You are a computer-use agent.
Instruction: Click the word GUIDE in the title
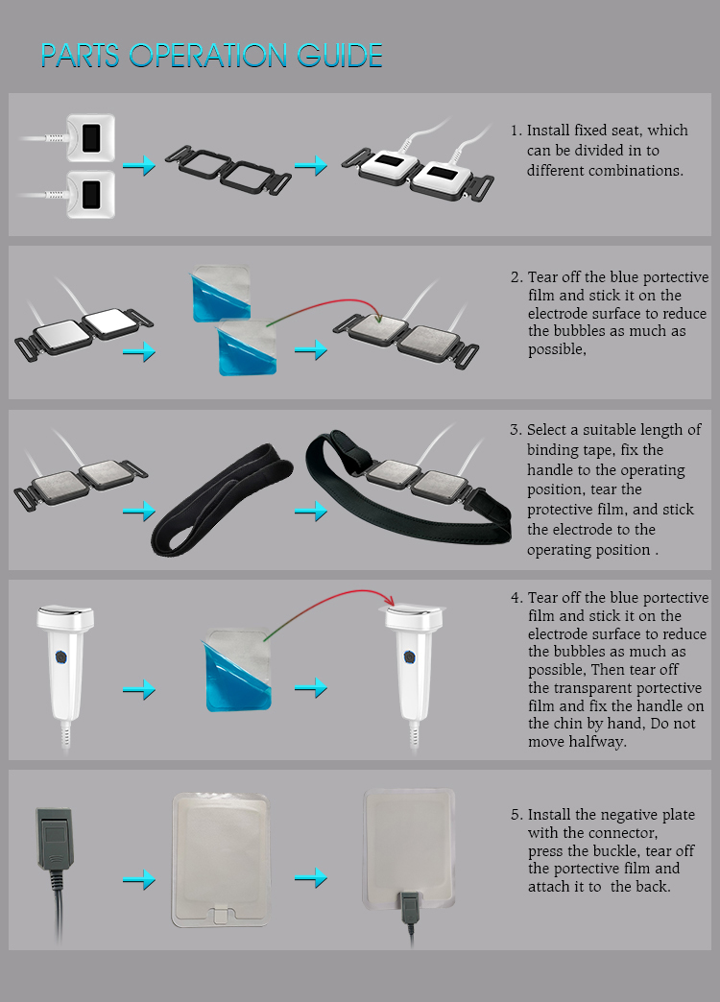340,56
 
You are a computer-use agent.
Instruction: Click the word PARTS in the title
80,56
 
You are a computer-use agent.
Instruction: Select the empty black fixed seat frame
228,169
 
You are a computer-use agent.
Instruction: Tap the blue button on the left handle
60,656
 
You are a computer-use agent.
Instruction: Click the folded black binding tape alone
221,498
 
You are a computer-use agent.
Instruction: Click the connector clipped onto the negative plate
410,907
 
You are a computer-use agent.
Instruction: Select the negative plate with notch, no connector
221,860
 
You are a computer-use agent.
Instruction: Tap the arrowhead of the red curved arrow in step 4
390,601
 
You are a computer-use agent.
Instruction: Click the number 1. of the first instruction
516,131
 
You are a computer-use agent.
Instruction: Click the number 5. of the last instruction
516,815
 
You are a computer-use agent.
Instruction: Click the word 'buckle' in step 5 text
619,850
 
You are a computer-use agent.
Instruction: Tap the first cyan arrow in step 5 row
139,879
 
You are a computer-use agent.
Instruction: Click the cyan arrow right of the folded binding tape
311,511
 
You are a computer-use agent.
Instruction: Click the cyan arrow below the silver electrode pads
139,351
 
